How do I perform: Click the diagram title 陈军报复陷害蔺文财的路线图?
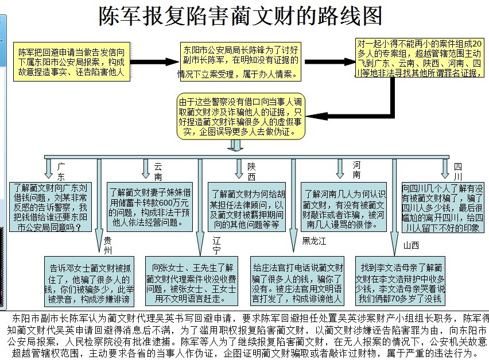[240, 17]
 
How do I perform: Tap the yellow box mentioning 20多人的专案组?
[420, 57]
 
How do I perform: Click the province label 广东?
[61, 171]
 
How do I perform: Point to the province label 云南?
[158, 171]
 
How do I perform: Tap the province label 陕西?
[251, 171]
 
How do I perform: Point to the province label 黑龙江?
[314, 241]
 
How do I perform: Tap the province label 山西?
[411, 245]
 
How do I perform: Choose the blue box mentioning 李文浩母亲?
[401, 283]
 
